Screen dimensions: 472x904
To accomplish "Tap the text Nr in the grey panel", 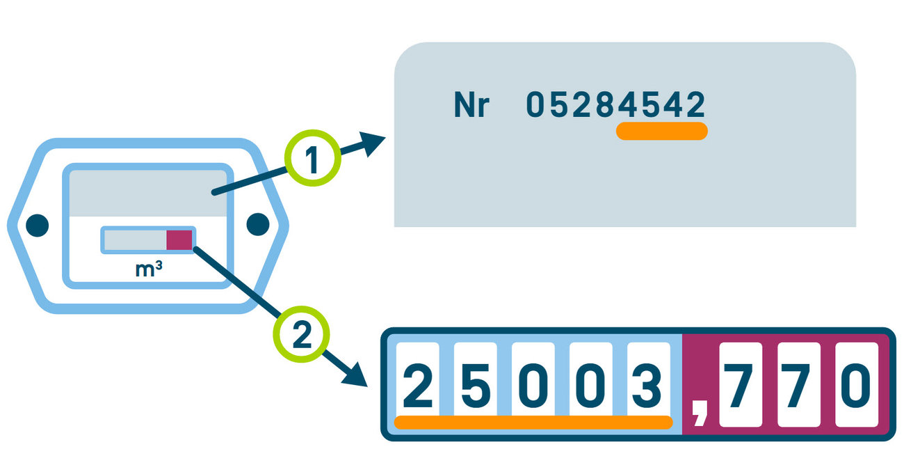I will point(471,106).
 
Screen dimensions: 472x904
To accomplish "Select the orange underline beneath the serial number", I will point(661,131).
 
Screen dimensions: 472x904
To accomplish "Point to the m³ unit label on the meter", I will point(149,269).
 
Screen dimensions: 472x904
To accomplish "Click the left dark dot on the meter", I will point(38,225).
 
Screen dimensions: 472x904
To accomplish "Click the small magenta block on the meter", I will point(179,239).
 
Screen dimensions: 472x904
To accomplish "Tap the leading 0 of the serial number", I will point(534,105).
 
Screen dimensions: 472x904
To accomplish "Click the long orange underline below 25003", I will point(533,422).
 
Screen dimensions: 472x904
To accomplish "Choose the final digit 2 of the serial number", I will point(695,105).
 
